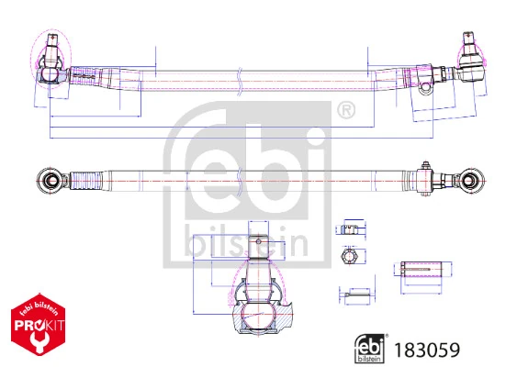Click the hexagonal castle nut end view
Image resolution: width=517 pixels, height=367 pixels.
tap(350, 258)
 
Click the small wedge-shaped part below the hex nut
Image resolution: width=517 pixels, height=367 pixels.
tap(352, 295)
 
